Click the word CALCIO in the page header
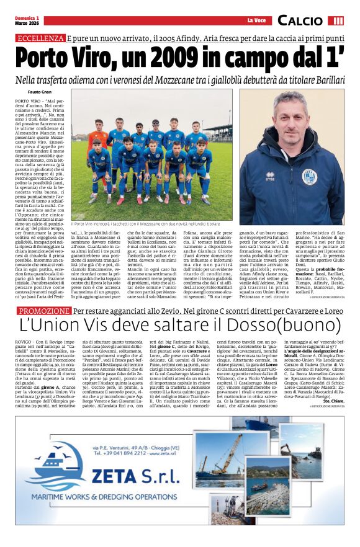[300, 20]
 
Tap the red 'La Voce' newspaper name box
[256, 20]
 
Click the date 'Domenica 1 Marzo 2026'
[29, 20]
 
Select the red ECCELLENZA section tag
[40, 37]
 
